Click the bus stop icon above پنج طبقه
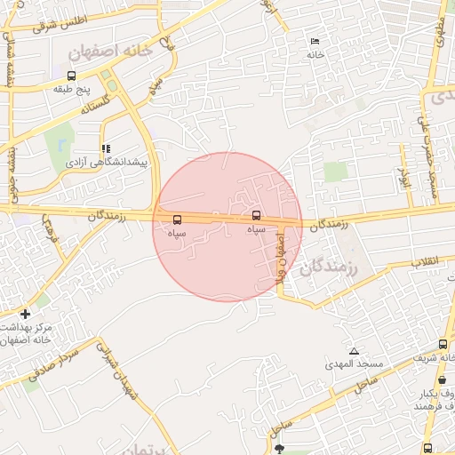[71, 76]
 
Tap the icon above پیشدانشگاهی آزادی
[107, 149]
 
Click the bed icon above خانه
[314, 41]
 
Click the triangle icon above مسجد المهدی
[355, 351]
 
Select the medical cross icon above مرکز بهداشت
[25, 314]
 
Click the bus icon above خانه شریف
[443, 343]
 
